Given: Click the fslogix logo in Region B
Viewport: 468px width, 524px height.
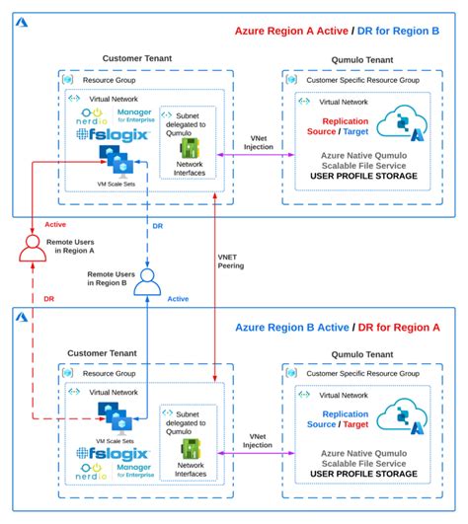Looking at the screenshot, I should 113,454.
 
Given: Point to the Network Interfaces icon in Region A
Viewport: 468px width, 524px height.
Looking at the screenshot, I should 185,147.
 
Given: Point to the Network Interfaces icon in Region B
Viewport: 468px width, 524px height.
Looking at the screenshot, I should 185,448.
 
